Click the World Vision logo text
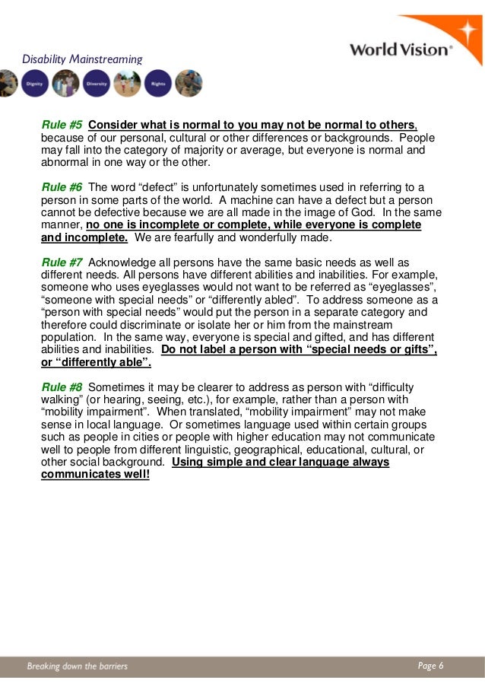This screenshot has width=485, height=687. click(x=400, y=49)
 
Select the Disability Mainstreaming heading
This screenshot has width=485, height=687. click(x=81, y=59)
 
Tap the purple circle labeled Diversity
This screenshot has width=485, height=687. click(x=95, y=83)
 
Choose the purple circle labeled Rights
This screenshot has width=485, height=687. click(x=158, y=83)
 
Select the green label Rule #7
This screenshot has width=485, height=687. click(x=62, y=263)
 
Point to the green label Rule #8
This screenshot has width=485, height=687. click(x=62, y=387)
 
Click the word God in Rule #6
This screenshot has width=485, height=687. click(x=373, y=212)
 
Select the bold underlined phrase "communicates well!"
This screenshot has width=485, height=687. click(x=95, y=474)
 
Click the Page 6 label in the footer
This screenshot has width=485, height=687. click(x=430, y=666)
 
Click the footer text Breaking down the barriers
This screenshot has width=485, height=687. click(x=78, y=666)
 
